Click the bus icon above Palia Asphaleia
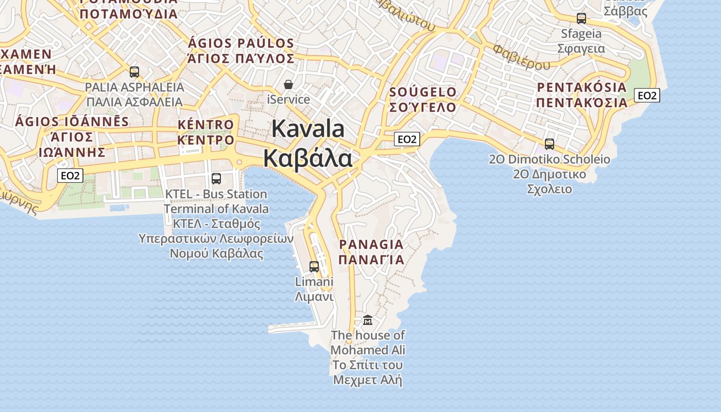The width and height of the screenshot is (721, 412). [134, 72]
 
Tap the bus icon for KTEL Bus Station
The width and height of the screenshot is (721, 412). [216, 179]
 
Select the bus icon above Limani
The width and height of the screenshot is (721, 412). [314, 267]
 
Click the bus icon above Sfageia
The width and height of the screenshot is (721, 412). [581, 19]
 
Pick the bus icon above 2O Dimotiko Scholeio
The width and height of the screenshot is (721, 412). [550, 144]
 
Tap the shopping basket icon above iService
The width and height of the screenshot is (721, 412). [288, 84]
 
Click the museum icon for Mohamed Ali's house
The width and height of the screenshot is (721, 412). [368, 320]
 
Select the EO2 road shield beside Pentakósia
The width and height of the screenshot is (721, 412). [647, 95]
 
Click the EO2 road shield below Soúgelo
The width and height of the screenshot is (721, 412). [407, 139]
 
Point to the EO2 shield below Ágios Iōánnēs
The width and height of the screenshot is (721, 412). [70, 176]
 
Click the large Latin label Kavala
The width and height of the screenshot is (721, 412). [308, 128]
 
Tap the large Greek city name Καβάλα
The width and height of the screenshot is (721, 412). [308, 158]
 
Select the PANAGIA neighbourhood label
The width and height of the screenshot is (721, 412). [371, 244]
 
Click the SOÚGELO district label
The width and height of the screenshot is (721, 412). [423, 92]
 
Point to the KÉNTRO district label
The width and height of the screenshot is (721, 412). [206, 125]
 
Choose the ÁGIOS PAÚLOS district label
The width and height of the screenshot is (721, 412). [241, 43]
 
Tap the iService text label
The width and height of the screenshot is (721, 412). [288, 99]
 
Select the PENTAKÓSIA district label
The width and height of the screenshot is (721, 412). [582, 87]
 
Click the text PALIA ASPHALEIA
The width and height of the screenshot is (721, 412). [134, 87]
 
